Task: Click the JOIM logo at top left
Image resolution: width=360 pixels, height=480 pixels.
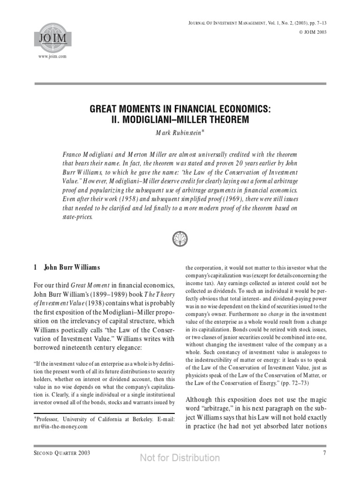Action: click(46, 36)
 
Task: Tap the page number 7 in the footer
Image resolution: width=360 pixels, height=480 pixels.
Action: click(324, 453)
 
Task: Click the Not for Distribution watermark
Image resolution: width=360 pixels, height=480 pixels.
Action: click(180, 458)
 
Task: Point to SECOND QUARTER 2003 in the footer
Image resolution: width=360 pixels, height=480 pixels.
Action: click(59, 453)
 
